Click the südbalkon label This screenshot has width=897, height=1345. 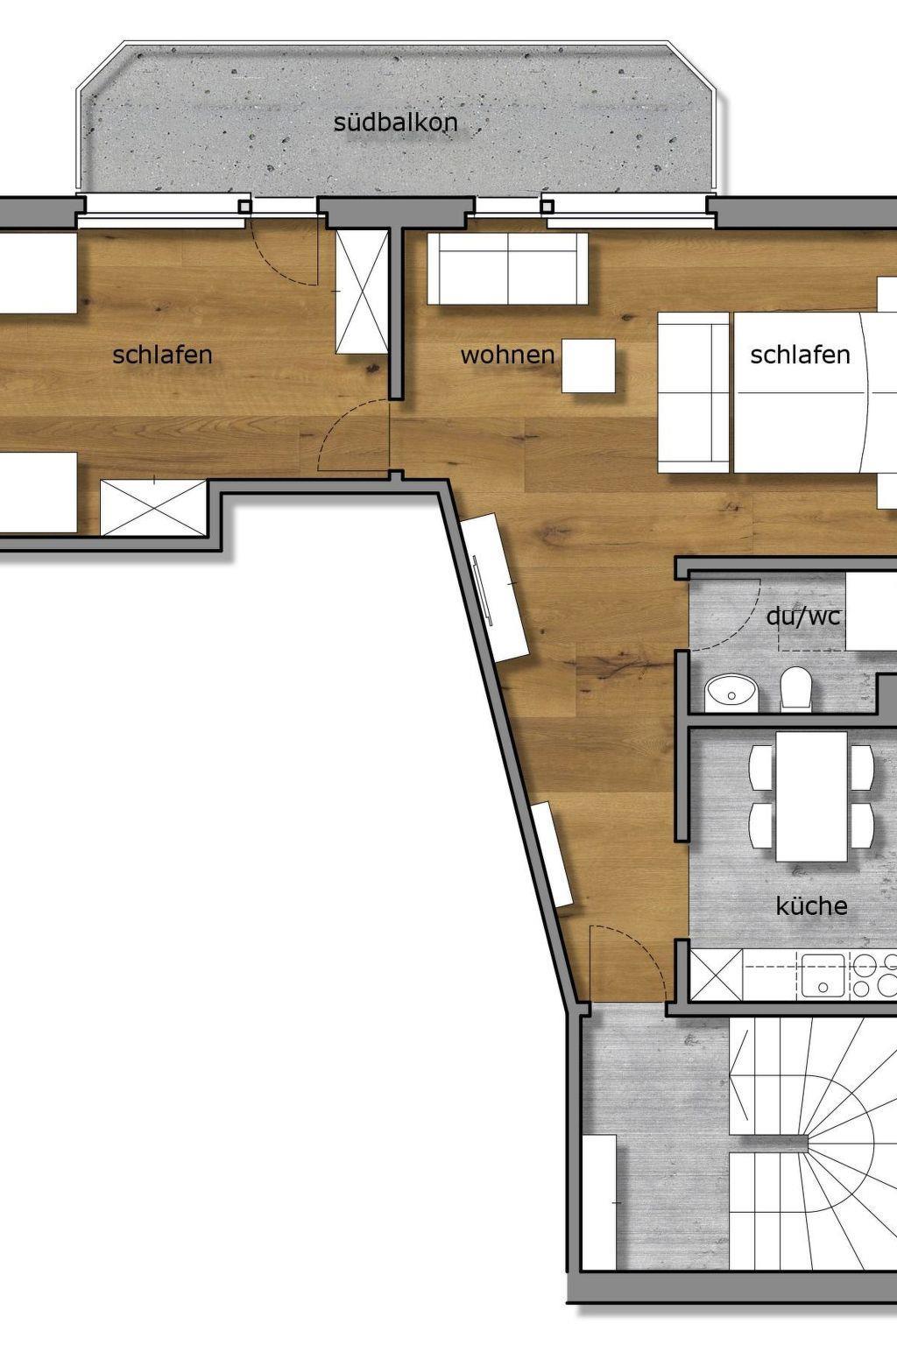coord(395,123)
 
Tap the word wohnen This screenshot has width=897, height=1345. coord(508,355)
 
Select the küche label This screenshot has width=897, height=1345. coord(812,905)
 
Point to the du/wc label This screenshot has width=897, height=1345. coord(802,616)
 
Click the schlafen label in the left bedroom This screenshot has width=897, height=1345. coord(162,355)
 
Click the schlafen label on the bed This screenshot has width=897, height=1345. coord(801,355)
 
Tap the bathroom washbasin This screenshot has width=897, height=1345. coord(731,694)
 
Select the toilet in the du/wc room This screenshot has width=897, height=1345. coord(796,689)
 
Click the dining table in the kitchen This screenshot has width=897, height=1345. coord(811,796)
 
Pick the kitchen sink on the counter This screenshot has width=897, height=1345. coord(823,975)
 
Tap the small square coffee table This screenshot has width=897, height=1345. coord(589,366)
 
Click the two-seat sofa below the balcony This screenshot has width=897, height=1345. coord(508,269)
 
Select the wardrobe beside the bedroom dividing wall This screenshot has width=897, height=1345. coord(362,292)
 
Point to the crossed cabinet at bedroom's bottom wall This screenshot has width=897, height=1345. coord(153,507)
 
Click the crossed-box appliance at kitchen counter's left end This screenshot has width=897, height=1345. coord(717,975)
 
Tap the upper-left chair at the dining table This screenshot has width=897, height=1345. coord(761,768)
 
